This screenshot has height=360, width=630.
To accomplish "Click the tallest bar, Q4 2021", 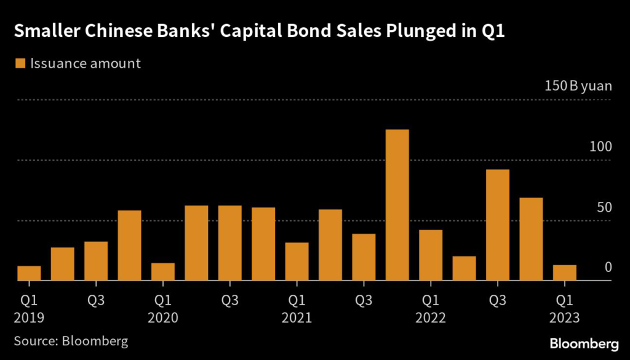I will pyautogui.click(x=397, y=205).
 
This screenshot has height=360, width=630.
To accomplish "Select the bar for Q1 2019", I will pyautogui.click(x=29, y=273).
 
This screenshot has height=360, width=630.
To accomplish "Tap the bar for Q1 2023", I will pyautogui.click(x=564, y=273).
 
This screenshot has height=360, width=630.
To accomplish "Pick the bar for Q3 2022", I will pyautogui.click(x=497, y=225).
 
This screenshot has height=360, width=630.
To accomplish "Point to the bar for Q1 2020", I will pyautogui.click(x=163, y=271).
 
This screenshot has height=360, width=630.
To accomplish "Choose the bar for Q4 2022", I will pyautogui.click(x=531, y=239).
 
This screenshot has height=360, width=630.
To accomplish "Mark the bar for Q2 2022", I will pyautogui.click(x=464, y=268).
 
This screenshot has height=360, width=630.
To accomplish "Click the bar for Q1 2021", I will pyautogui.click(x=297, y=262).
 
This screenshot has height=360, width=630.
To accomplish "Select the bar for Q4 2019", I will pyautogui.click(x=129, y=246).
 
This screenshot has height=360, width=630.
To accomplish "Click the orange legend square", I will pyautogui.click(x=20, y=63).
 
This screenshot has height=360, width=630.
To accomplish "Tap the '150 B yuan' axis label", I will pyautogui.click(x=578, y=86).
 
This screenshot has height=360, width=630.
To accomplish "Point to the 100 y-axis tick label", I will pyautogui.click(x=599, y=146).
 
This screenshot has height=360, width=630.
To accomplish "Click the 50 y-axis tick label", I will pyautogui.click(x=604, y=207).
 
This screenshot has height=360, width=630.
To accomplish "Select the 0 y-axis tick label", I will pyautogui.click(x=607, y=267).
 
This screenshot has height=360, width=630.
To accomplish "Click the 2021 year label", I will pyautogui.click(x=297, y=319).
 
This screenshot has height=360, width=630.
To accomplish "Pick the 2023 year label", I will pyautogui.click(x=564, y=319).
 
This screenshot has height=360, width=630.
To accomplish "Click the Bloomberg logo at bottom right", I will pyautogui.click(x=584, y=342).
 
